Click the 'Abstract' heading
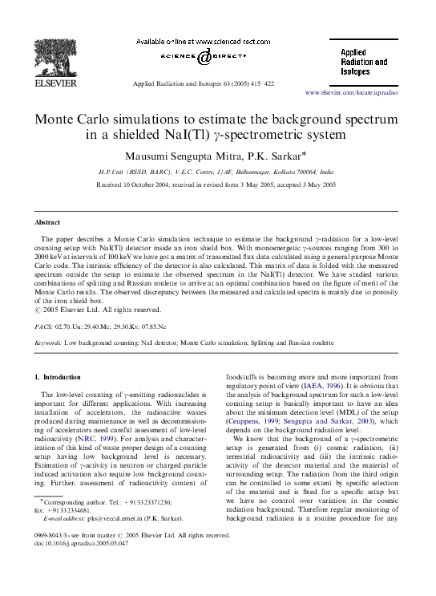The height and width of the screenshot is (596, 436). coord(47,221)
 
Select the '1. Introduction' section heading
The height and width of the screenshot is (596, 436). coord(63,376)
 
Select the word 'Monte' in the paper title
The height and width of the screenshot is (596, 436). coord(57,119)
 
